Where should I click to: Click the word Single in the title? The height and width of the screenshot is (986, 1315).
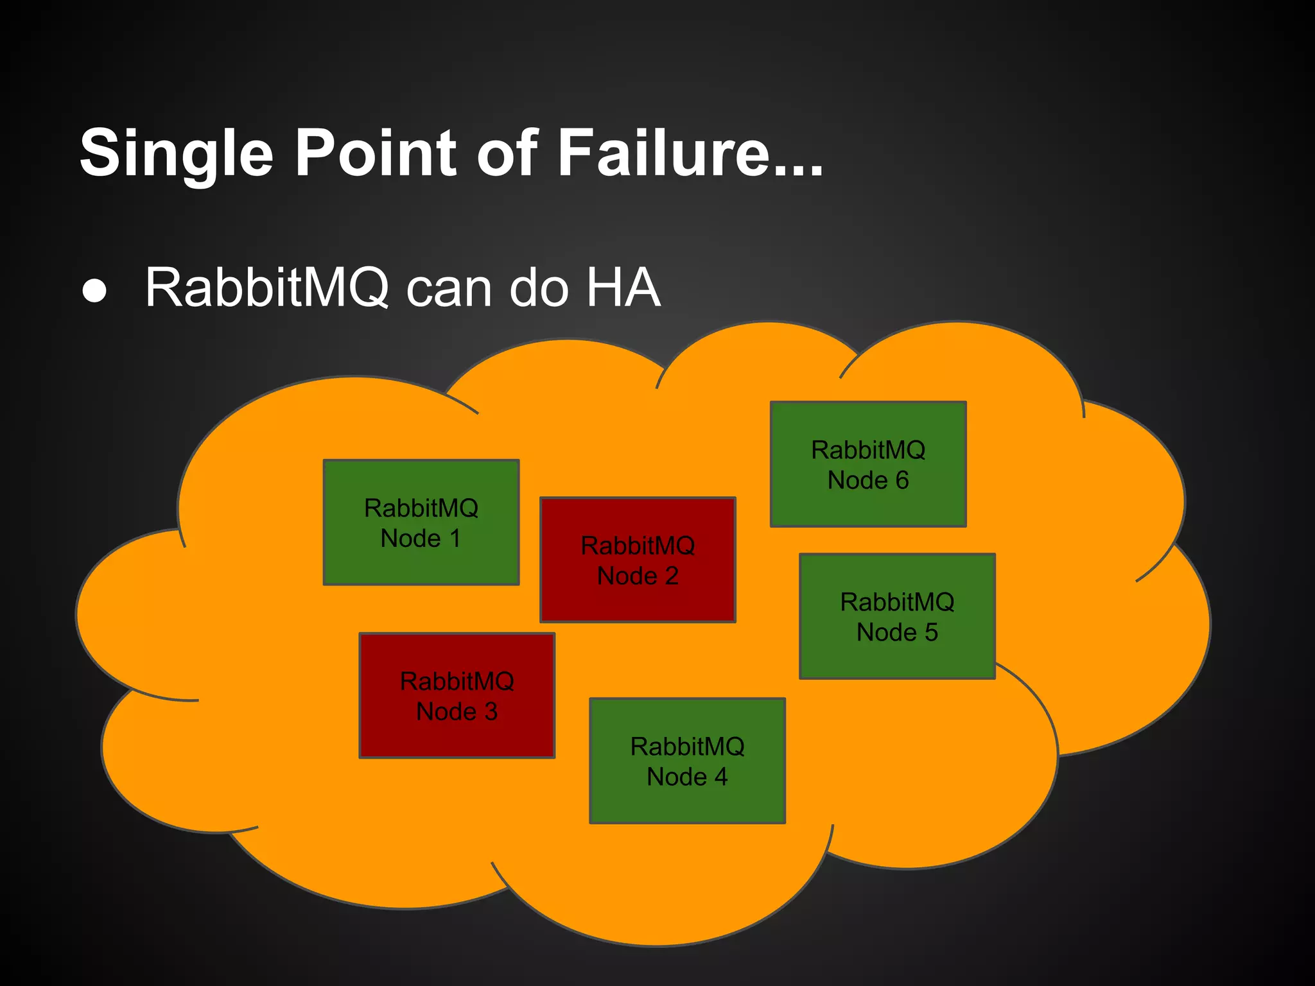click(177, 154)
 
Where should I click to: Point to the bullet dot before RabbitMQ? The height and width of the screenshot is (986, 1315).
click(95, 290)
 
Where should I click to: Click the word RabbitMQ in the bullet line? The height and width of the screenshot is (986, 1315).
click(266, 288)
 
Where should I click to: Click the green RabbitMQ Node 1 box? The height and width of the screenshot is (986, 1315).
click(421, 523)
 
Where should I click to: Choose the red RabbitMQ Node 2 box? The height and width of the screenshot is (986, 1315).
click(638, 560)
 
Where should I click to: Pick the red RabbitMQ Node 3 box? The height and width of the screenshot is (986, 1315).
click(457, 696)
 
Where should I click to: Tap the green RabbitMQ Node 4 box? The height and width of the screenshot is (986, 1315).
click(687, 761)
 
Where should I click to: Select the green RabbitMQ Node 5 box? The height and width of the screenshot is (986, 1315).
click(897, 616)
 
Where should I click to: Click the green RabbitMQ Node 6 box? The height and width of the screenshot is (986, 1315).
click(868, 464)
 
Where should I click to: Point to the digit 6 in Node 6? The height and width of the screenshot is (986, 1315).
click(902, 480)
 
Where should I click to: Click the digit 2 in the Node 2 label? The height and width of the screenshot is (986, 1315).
click(672, 576)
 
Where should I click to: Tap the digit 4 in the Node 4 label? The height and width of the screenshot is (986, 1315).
click(721, 777)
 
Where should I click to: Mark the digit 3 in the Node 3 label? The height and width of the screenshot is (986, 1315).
click(491, 712)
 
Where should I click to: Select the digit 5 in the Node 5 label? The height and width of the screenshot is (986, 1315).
click(931, 633)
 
